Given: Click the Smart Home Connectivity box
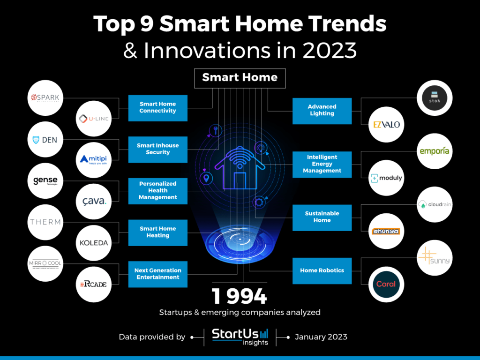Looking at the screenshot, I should (x=157, y=108).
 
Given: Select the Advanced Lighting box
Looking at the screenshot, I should (x=322, y=111).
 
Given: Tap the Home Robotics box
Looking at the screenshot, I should (x=322, y=270).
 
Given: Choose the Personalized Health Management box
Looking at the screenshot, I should (x=157, y=191).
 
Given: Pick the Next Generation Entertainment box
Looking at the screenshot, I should (x=157, y=274).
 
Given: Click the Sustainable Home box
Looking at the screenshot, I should (x=322, y=217).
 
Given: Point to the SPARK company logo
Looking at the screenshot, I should (x=45, y=98).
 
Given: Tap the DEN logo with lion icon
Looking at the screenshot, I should (x=45, y=140).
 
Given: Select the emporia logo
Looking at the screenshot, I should (x=434, y=151).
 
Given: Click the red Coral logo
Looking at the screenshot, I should (x=386, y=284).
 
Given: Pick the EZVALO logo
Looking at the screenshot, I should (x=386, y=125).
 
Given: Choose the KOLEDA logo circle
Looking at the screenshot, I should (x=93, y=243).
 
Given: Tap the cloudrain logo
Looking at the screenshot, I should (x=434, y=205).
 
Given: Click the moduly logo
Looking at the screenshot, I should (x=386, y=178).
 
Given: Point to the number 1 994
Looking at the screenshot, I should (x=240, y=297).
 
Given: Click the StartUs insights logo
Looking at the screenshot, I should (x=240, y=337).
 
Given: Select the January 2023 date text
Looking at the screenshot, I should (x=321, y=337).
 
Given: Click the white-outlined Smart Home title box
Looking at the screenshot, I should (x=240, y=78).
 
